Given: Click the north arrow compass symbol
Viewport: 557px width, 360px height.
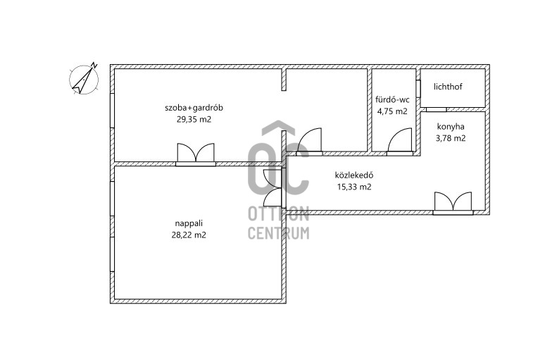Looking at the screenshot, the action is coord(84,79).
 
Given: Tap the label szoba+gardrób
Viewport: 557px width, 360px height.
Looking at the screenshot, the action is coord(194,108).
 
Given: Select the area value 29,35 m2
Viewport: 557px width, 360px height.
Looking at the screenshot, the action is coord(194,119).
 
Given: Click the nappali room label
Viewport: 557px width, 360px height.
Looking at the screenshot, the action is coord(189,223).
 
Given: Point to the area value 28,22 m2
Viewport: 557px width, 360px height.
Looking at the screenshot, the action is coord(189,235).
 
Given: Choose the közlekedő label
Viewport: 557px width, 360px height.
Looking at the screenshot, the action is coord(354,175).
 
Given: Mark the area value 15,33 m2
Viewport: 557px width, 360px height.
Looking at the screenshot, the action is coord(354,187).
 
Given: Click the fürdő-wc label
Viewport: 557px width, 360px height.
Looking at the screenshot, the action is coord(392,99).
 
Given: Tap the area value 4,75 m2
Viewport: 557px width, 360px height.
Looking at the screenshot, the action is coord(392,111).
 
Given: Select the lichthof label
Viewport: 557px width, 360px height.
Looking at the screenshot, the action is coord(448,87).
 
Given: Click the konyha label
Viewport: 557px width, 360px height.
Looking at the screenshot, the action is coord(451,127).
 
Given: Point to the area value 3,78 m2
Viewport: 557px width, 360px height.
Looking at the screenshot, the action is coord(451,138).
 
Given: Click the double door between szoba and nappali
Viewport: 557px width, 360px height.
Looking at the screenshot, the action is coord(196,155).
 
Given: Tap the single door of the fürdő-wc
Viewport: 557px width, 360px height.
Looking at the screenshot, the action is coord(400,142).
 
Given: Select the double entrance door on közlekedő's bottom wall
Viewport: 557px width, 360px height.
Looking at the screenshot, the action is coord(453,204).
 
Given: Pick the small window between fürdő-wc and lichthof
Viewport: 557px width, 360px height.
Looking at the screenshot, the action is coord(418,89).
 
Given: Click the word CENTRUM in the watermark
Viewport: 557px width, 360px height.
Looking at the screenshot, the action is coord(279,233).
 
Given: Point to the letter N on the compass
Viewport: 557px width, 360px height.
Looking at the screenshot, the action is coord(94,65).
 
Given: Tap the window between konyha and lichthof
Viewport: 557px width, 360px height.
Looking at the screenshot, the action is coord(436,109).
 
